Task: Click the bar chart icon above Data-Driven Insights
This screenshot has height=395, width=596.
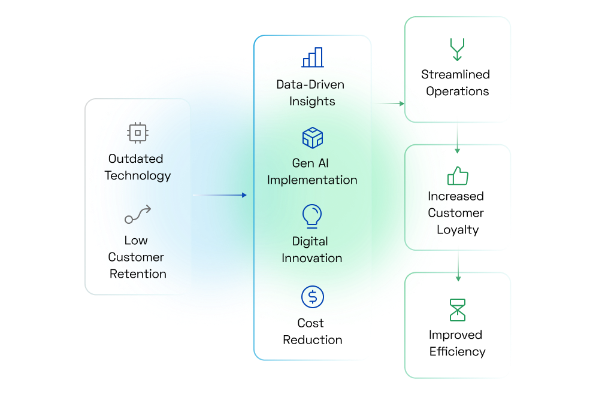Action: (313, 57)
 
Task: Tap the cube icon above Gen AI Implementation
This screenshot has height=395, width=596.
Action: (313, 138)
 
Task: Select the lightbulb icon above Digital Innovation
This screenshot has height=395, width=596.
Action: (312, 216)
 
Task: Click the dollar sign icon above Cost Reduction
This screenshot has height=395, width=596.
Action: (313, 296)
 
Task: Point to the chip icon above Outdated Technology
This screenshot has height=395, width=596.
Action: (138, 133)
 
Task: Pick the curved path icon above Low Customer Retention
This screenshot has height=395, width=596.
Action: (138, 214)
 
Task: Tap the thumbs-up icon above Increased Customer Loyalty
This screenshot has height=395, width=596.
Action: (458, 176)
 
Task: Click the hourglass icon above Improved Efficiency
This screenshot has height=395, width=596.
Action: (458, 310)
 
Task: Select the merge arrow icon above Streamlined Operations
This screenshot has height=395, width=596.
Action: (457, 50)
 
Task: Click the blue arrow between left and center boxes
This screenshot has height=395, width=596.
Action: (219, 195)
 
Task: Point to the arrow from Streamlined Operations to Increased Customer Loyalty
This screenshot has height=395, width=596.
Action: (458, 138)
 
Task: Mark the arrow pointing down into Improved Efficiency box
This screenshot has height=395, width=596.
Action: (458, 266)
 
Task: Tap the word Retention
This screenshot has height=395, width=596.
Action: (138, 274)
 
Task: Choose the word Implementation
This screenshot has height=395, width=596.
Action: (312, 180)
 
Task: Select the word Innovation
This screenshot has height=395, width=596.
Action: (312, 259)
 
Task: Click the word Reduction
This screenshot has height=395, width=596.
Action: (313, 340)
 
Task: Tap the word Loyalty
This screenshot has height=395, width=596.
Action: (458, 230)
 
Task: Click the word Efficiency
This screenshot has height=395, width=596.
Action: (457, 352)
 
